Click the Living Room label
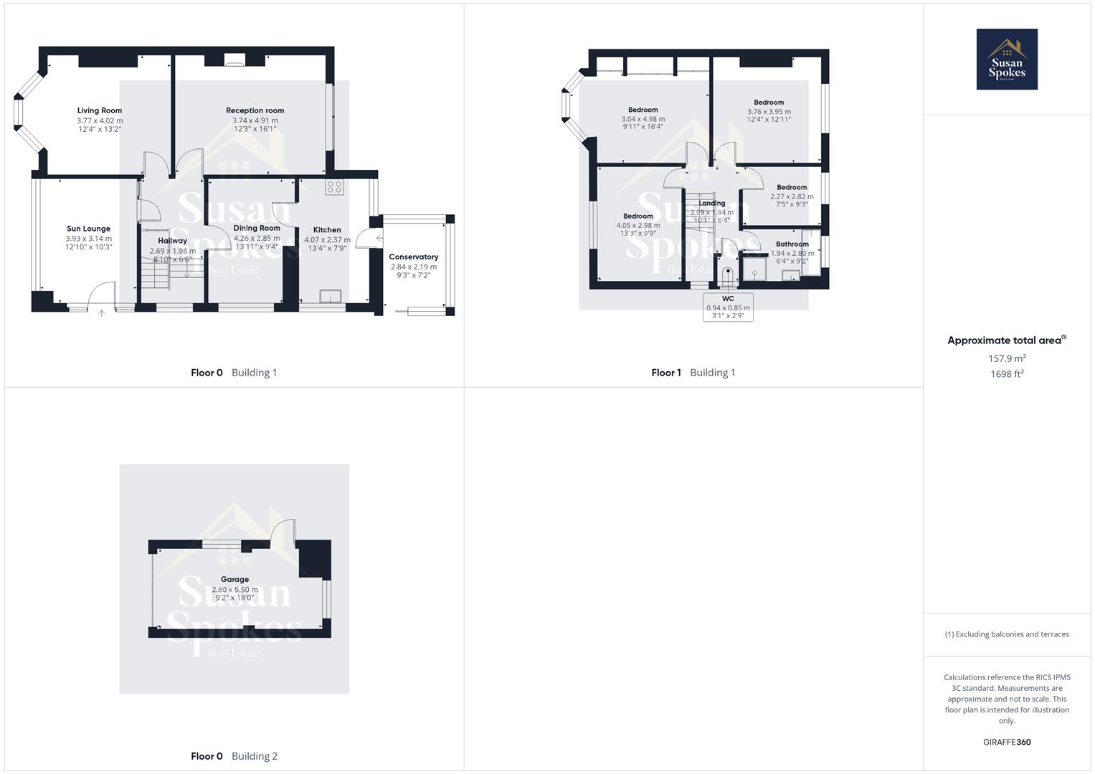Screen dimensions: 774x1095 click(x=100, y=111)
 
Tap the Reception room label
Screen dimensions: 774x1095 click(x=255, y=110)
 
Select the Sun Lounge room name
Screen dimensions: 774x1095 click(x=88, y=229)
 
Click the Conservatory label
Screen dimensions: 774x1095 click(x=413, y=257)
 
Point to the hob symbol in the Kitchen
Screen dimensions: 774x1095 click(x=334, y=187)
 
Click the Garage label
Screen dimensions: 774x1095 click(x=234, y=579)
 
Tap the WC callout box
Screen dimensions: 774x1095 click(x=728, y=307)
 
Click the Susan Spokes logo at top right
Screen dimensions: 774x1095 click(x=1007, y=59)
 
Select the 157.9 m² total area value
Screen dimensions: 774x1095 click(x=1007, y=358)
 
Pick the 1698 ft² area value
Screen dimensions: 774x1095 click(x=1007, y=374)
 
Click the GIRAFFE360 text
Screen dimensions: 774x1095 click(x=1007, y=742)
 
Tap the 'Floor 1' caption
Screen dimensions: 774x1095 click(x=666, y=373)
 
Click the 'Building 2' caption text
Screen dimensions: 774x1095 click(x=254, y=756)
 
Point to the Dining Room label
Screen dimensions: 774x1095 click(x=257, y=228)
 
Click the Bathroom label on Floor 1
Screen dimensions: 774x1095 click(x=792, y=244)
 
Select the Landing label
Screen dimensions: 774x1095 click(x=712, y=203)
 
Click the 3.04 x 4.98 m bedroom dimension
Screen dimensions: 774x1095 click(x=643, y=119)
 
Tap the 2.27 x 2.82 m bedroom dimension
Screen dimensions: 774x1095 click(x=792, y=196)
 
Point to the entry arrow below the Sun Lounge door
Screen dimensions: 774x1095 click(x=101, y=312)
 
